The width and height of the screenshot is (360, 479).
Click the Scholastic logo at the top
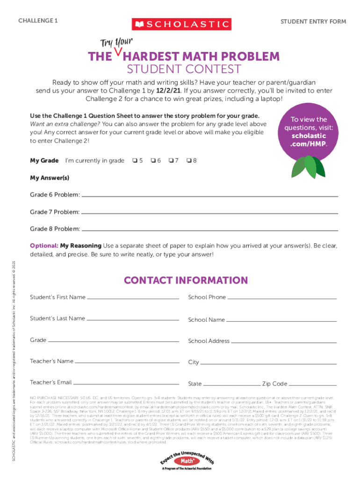tap(181, 24)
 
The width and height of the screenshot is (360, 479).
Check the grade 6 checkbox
tap(153, 161)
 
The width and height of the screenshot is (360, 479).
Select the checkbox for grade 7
tap(171, 161)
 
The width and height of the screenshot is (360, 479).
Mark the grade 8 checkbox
tap(188, 161)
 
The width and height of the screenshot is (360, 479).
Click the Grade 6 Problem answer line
tap(209, 195)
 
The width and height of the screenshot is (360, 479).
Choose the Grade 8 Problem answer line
tap(209, 230)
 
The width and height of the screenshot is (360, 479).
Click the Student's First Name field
tap(133, 298)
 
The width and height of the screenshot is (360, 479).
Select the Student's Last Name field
tap(133, 319)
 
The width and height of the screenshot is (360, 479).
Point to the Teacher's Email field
tap(127, 383)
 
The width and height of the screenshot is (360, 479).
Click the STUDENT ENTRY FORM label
tap(313, 22)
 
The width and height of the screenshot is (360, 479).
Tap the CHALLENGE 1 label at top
tap(38, 21)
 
